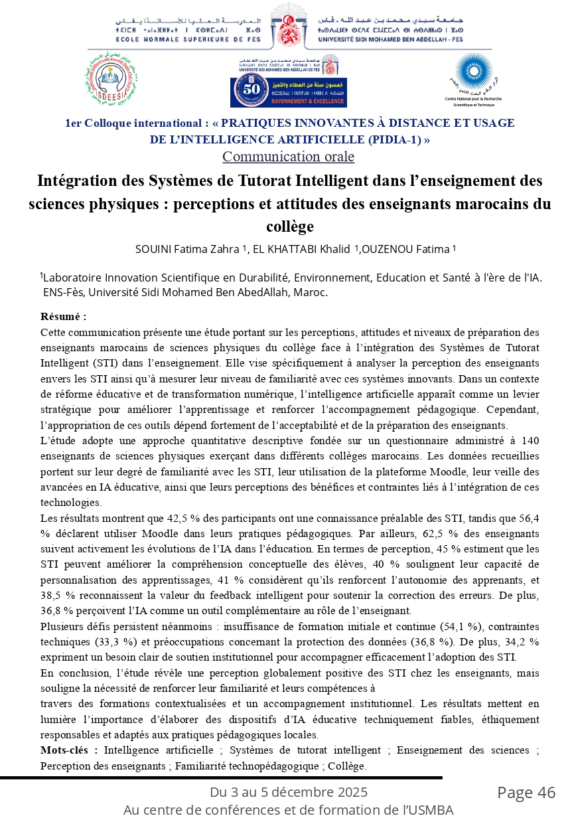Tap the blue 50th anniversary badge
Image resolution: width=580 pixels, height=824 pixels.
288,92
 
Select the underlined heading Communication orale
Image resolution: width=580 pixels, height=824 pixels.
288,157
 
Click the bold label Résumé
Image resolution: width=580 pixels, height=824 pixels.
63,317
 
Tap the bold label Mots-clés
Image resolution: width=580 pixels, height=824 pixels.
68,750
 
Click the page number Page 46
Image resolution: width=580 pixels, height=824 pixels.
526,793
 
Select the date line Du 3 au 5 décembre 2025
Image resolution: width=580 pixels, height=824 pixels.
289,792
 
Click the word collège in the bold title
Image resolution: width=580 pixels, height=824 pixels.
289,226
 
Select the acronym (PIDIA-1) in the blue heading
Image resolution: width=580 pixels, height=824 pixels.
396,139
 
